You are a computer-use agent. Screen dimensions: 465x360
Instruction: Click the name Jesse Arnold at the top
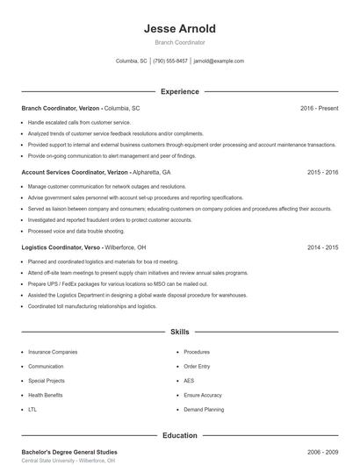[x=179, y=29]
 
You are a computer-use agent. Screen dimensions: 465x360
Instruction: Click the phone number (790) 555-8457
[x=170, y=61]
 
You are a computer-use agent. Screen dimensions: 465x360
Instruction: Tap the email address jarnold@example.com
[x=219, y=61]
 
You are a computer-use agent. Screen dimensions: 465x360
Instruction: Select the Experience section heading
[x=179, y=91]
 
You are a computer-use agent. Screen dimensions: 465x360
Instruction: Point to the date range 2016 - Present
[x=319, y=108]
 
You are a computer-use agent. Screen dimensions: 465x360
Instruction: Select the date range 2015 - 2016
[x=322, y=173]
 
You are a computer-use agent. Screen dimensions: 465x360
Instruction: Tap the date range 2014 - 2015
[x=322, y=248]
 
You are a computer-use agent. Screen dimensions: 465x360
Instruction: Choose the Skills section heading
[x=179, y=333]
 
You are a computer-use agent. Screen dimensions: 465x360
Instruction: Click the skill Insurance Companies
[x=53, y=352]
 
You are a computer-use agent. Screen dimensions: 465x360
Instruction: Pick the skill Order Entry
[x=197, y=366]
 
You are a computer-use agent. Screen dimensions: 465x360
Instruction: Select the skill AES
[x=189, y=381]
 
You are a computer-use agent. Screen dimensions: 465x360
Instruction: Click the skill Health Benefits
[x=46, y=395]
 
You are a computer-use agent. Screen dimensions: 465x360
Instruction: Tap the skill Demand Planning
[x=204, y=410]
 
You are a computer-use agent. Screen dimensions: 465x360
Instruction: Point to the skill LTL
[x=32, y=410]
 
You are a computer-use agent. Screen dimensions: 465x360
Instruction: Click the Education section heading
[x=179, y=435]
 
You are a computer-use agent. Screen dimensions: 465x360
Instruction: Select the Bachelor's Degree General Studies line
[x=69, y=452]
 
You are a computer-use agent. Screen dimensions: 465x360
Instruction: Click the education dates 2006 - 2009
[x=322, y=452]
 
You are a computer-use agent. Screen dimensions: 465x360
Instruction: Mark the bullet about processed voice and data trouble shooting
[x=76, y=231]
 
